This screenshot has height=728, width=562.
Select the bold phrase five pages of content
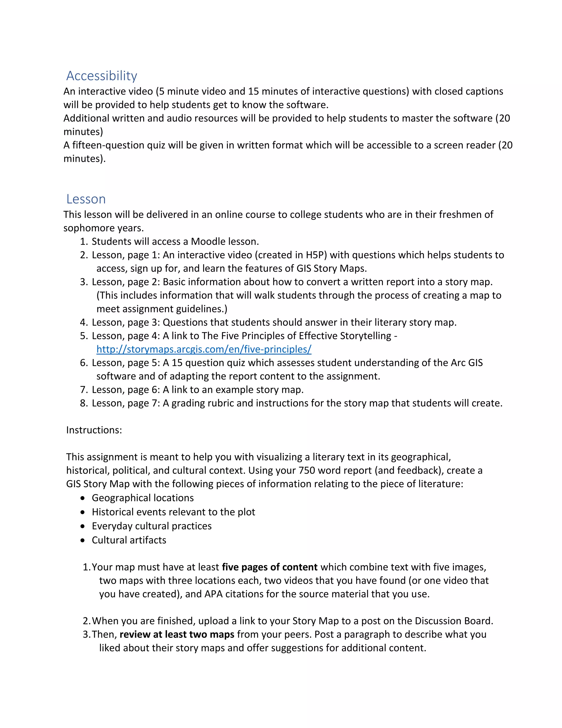coord(270,567)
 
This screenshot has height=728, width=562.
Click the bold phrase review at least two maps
coord(177,634)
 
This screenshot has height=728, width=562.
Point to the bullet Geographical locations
coord(142,498)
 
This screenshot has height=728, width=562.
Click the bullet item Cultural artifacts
coord(129,540)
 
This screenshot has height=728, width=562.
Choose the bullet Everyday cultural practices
coord(151,526)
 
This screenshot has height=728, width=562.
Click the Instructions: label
coord(94,430)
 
